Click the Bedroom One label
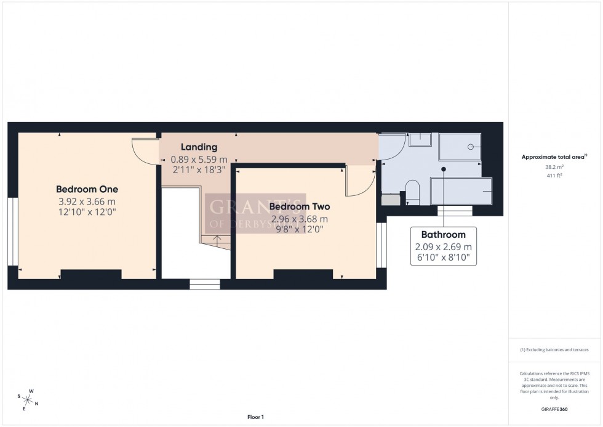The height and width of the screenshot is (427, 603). pyautogui.click(x=87, y=189)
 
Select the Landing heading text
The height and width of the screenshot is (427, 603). pyautogui.click(x=199, y=147)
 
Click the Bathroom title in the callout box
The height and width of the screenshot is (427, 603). pyautogui.click(x=443, y=235)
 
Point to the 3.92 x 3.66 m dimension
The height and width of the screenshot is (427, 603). pyautogui.click(x=87, y=201)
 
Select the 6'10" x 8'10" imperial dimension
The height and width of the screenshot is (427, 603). pyautogui.click(x=443, y=259)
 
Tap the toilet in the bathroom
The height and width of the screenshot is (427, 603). pyautogui.click(x=413, y=193)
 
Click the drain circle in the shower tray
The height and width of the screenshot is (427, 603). pyautogui.click(x=471, y=147)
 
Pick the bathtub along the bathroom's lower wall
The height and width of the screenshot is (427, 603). pyautogui.click(x=461, y=190)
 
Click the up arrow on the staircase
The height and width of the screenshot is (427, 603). pyautogui.click(x=214, y=239)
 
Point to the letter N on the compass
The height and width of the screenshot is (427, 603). pyautogui.click(x=36, y=404)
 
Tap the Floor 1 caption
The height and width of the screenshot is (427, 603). pyautogui.click(x=255, y=417)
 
